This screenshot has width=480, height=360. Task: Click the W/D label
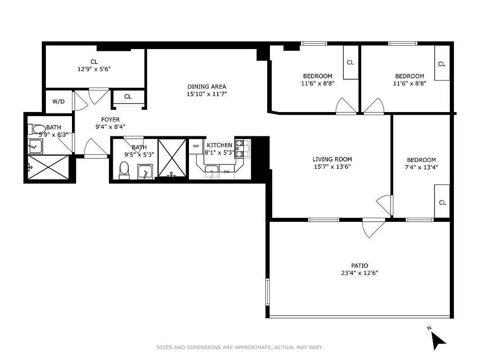[x=58, y=102]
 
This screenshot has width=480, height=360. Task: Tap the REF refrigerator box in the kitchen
[x=196, y=146]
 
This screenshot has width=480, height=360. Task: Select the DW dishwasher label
[x=227, y=171]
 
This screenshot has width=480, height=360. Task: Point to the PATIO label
[x=359, y=265]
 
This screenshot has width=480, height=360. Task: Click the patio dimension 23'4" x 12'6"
[x=359, y=273]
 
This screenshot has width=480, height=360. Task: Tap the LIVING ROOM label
[x=332, y=159]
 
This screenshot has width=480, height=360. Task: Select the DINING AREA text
[x=206, y=86]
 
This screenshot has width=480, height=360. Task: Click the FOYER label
[x=110, y=120]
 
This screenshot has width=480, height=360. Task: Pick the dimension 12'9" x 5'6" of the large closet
[x=94, y=69]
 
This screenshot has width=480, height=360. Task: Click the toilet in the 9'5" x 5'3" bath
[x=124, y=170]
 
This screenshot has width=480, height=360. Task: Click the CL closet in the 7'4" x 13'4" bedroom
[x=442, y=202]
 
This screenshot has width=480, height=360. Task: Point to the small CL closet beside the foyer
[x=128, y=97]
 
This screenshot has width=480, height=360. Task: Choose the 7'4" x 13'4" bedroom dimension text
[x=422, y=167]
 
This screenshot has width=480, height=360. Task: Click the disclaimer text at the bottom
[x=240, y=347]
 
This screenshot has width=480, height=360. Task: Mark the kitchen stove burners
[x=240, y=148]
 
